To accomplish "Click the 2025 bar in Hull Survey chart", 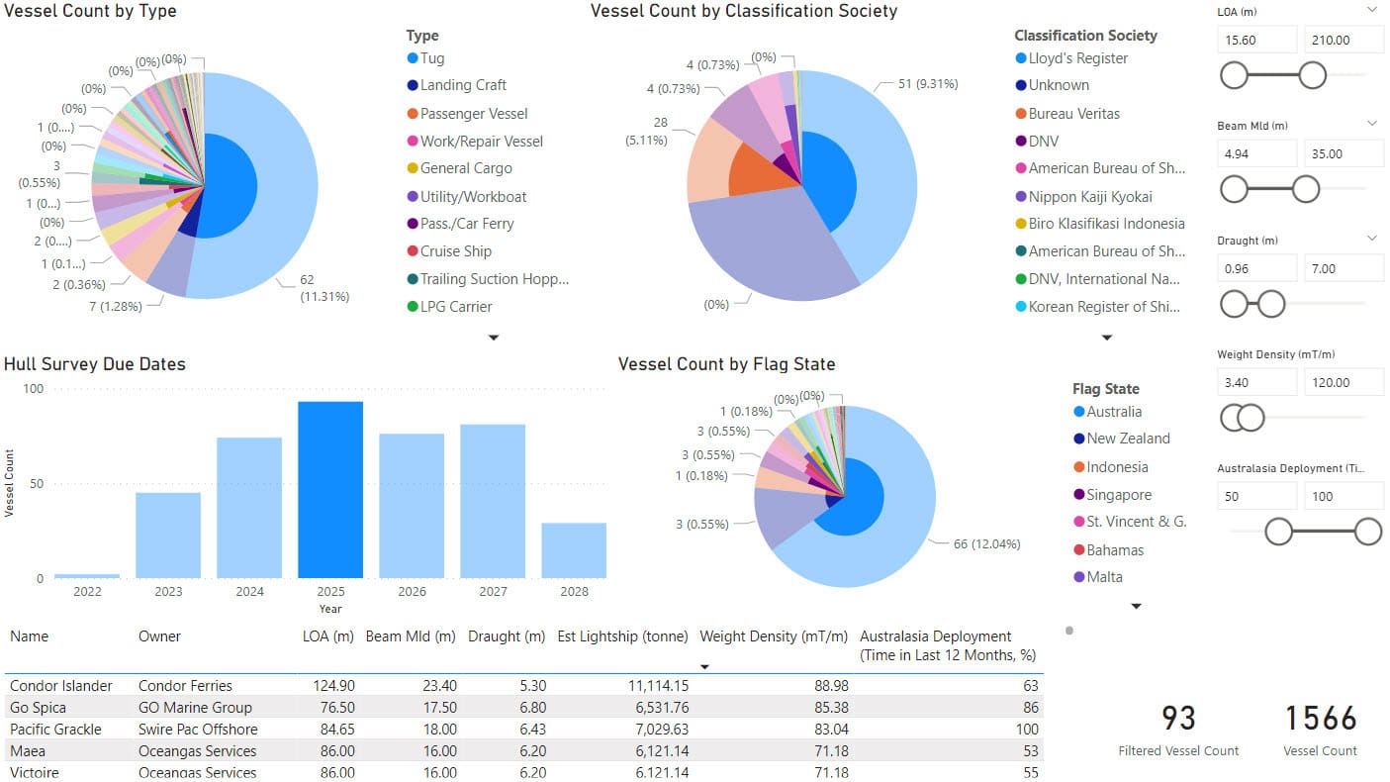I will tap(330, 490).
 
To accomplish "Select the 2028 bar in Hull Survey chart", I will tap(574, 550).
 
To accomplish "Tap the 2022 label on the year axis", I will tap(87, 591).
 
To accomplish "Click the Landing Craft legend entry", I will tap(463, 85).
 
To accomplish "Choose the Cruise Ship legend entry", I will tap(455, 251).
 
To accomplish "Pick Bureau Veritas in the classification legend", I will tap(1073, 114).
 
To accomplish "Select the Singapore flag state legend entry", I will tap(1119, 495).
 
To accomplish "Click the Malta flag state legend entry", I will tap(1104, 577).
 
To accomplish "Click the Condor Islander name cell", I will tap(61, 685).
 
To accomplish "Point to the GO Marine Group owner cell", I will tap(195, 707).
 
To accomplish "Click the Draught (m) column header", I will tap(507, 636).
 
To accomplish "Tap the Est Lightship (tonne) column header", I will tap(622, 636).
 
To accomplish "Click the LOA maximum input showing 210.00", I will tap(1343, 41).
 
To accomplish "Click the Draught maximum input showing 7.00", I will tap(1343, 268).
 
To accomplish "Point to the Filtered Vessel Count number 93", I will tap(1178, 718).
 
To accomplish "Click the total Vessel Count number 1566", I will tap(1320, 718).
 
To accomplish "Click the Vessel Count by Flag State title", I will tap(726, 364).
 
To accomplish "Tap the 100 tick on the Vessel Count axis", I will tap(34, 389).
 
